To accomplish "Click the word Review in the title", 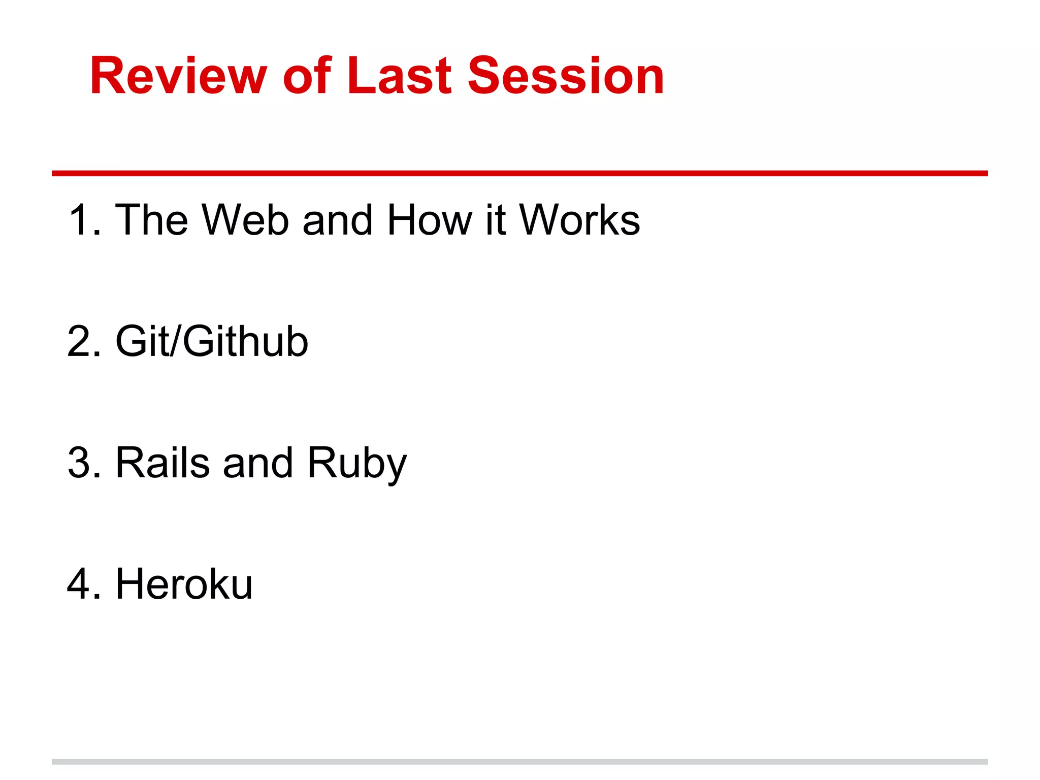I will click(178, 76).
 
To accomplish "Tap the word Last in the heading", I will click(399, 76).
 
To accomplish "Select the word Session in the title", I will click(565, 76).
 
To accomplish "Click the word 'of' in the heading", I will click(307, 76).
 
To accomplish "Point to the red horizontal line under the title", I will click(519, 173).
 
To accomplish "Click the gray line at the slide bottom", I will click(519, 762).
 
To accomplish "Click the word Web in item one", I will click(246, 220).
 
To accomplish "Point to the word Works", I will click(579, 220).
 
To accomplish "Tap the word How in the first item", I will click(430, 220).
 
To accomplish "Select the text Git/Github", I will click(212, 341).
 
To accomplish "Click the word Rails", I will click(162, 463).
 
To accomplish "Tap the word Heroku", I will click(184, 584).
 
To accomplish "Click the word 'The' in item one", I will click(151, 220).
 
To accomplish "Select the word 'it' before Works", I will click(495, 220).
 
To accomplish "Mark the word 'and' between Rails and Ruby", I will click(258, 463).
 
